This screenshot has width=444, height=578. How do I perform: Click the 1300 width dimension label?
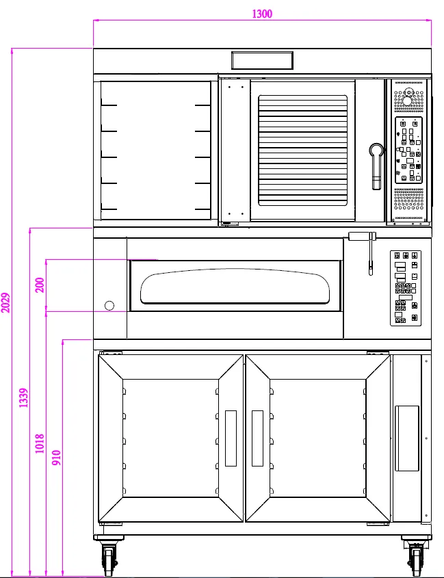point(262,14)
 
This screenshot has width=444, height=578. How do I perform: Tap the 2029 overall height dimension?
point(5,302)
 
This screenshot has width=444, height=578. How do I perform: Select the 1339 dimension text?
point(23,397)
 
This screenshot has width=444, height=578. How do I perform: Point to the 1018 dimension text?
point(40,443)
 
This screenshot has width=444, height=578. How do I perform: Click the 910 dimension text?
point(56,458)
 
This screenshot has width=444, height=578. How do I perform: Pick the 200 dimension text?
point(40,285)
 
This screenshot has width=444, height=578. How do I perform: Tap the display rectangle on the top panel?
point(262,60)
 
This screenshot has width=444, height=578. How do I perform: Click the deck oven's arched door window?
point(235,287)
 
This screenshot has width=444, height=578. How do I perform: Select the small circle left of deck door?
point(109,306)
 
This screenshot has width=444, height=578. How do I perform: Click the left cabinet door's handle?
point(231,438)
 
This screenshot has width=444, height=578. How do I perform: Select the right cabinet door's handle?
point(257,438)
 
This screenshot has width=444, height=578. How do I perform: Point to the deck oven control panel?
point(406,288)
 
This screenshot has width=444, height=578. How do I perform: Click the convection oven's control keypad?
point(408,150)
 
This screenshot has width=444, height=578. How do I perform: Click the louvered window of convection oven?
point(303,150)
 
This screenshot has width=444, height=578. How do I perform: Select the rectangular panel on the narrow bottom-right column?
point(407,438)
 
